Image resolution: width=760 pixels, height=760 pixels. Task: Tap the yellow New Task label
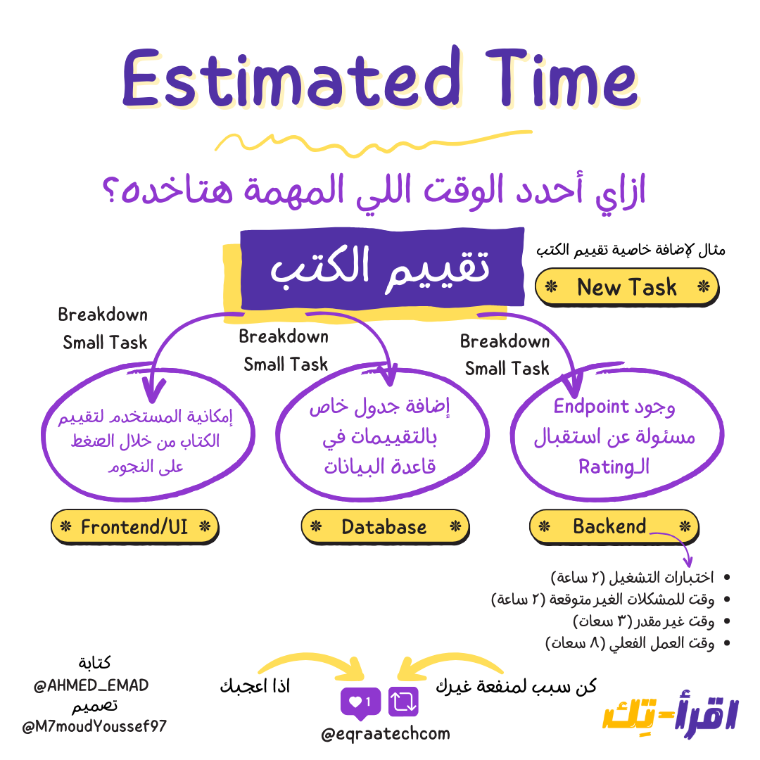tap(626, 287)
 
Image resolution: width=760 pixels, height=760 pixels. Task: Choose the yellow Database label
tap(384, 526)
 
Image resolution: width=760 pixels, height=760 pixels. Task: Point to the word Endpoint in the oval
tap(591, 406)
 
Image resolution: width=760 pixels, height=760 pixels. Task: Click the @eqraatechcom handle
tap(385, 734)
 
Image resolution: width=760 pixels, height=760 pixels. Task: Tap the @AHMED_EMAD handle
tap(91, 685)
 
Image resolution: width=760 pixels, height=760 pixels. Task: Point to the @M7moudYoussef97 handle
tap(94, 726)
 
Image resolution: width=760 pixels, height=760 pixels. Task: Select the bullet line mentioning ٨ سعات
tap(631, 643)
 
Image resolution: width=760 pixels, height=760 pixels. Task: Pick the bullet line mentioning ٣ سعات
tap(644, 621)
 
